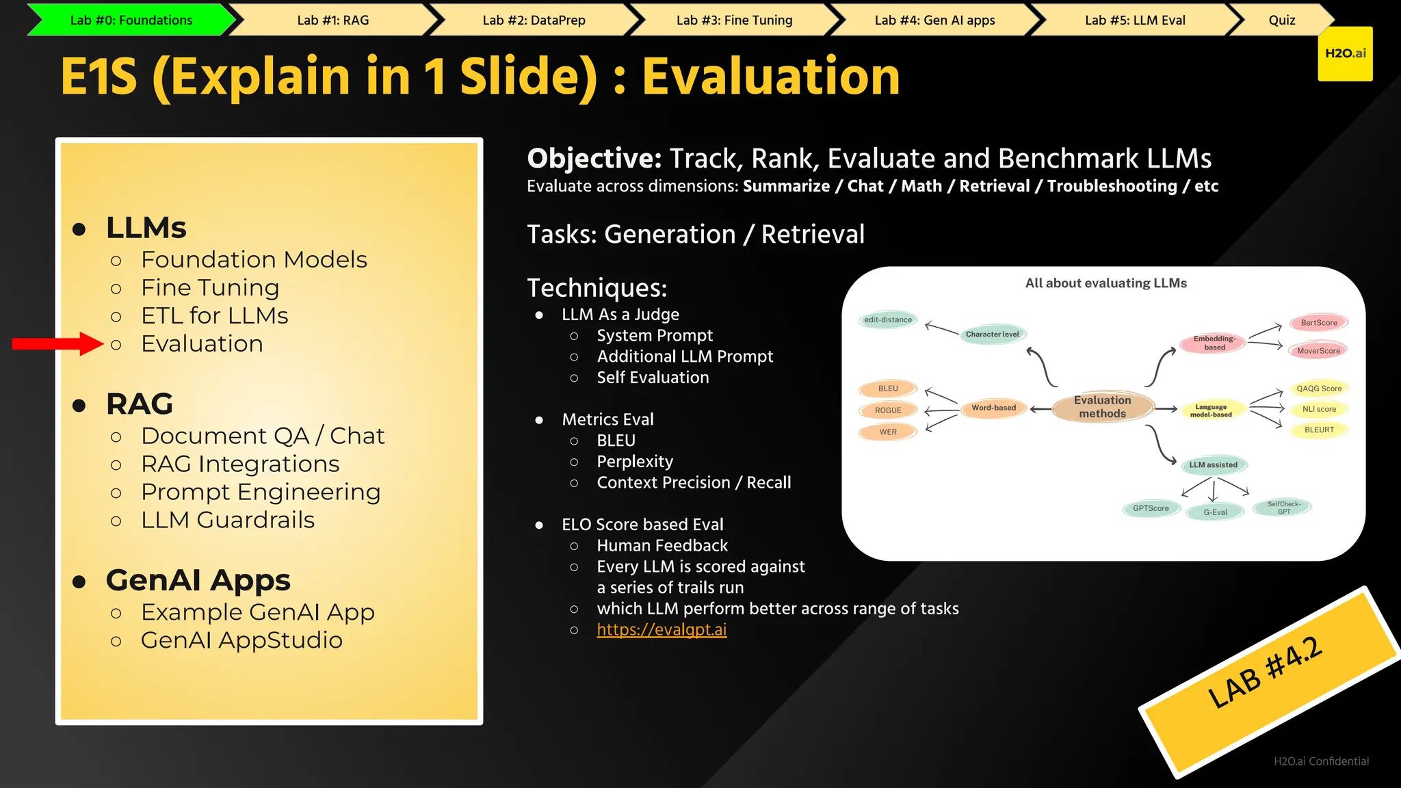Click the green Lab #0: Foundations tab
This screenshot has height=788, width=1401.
pos(131,20)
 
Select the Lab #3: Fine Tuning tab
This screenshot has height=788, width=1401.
pos(734,20)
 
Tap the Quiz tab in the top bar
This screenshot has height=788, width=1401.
pos(1281,20)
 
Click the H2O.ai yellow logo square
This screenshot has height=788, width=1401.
pos(1345,54)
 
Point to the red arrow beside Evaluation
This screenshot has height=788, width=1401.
pos(57,343)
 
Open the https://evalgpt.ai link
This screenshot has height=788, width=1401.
pos(662,629)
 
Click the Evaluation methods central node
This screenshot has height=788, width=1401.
pos(1103,407)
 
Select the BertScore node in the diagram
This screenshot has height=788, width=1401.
pos(1318,323)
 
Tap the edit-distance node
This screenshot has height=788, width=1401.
pos(888,319)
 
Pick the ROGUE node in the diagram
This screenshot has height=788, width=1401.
pos(888,410)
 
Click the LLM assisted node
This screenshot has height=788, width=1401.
pos(1214,465)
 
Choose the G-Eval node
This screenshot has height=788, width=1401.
pos(1215,512)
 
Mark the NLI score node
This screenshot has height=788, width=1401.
pos(1319,409)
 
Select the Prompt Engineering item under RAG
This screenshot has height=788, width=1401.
pos(261,492)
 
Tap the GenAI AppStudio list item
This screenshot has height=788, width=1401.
pos(241,640)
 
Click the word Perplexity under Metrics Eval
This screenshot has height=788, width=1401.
pos(635,462)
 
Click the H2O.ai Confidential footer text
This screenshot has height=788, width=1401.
pos(1321,761)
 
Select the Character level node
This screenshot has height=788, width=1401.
pos(992,334)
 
